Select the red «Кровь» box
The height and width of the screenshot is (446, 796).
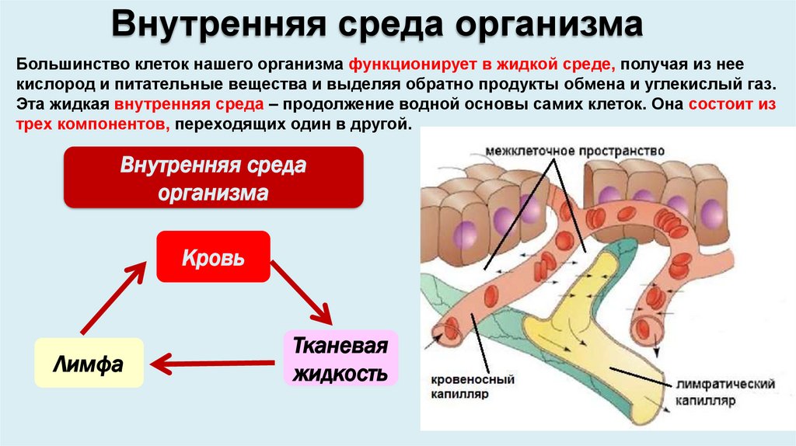[x=213, y=256]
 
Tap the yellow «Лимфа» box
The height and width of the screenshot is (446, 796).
[x=89, y=363]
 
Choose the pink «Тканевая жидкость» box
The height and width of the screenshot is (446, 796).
[x=339, y=359]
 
